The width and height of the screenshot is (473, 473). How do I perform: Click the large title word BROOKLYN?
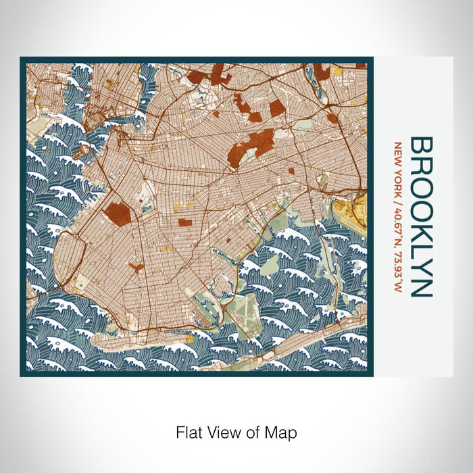pos(421,216)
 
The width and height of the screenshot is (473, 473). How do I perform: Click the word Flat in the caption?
pos(189,430)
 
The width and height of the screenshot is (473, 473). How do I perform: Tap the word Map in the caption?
pos(282,430)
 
